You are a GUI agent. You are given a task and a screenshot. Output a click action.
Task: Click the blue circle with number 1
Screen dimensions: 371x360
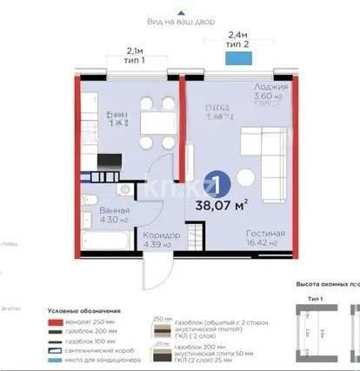tap(222, 185)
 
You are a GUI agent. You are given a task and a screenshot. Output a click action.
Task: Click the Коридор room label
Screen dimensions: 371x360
tap(162, 235)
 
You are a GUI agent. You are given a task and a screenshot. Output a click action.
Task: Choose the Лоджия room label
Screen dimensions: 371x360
tap(270, 88)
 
